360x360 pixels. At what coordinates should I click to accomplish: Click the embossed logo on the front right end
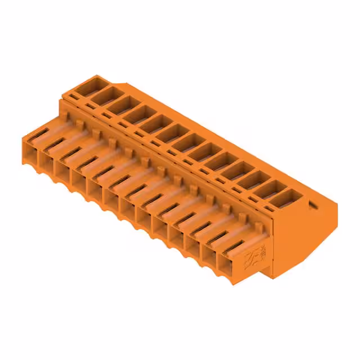(251, 260)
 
